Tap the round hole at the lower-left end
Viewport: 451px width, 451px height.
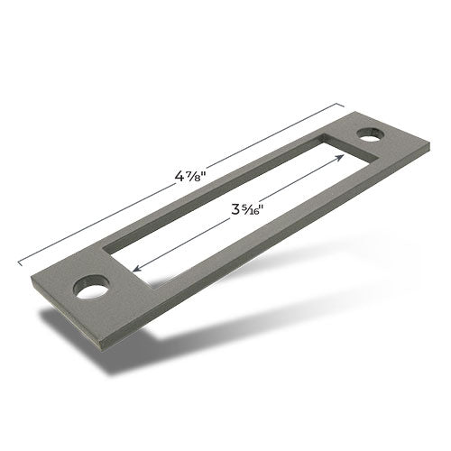click(91, 287)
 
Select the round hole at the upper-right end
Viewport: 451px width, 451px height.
click(370, 134)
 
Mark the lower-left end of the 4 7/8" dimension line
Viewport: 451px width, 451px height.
click(20, 264)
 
